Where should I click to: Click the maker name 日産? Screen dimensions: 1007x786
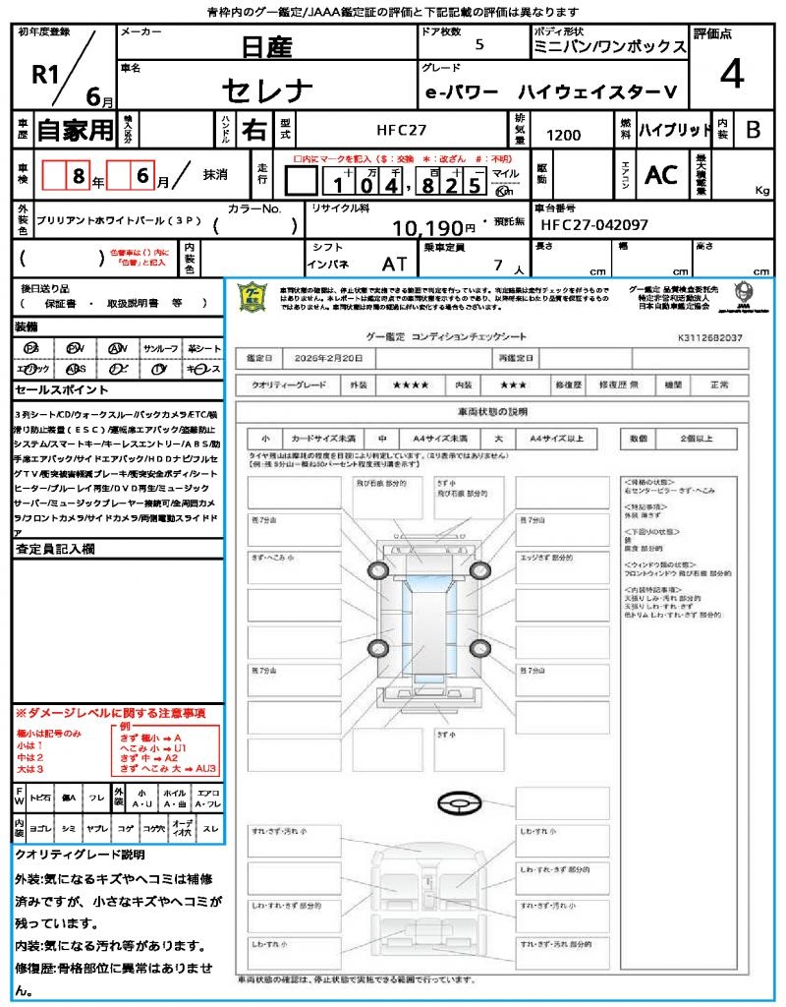click(x=266, y=46)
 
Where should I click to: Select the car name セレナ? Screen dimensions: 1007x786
click(x=266, y=90)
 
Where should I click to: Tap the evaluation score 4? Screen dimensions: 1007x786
click(x=731, y=74)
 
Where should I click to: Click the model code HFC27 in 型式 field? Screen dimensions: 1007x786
click(x=402, y=130)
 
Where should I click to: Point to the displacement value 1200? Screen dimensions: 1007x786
click(x=563, y=135)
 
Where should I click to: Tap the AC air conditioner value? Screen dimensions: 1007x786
click(x=661, y=174)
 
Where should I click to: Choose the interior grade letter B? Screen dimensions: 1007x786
click(x=752, y=130)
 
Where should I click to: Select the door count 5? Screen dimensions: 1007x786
click(x=478, y=45)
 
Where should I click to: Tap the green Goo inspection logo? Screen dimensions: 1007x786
click(x=253, y=296)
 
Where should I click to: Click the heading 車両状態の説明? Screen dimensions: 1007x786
click(x=492, y=411)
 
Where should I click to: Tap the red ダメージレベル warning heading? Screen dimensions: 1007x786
click(x=110, y=712)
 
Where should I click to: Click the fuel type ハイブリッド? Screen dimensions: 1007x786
click(x=675, y=130)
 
